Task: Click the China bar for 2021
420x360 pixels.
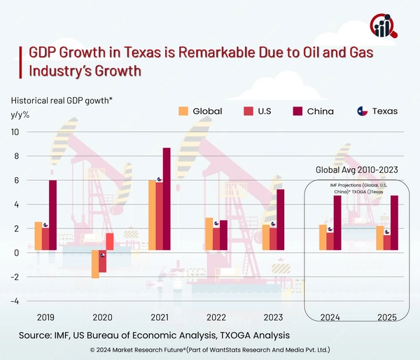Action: click(x=167, y=199)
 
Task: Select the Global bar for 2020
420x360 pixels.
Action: click(x=95, y=264)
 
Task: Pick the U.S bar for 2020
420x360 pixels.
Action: click(x=102, y=261)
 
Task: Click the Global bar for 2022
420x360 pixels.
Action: click(x=209, y=233)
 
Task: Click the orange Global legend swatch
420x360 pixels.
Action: click(x=184, y=111)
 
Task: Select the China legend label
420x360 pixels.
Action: click(x=320, y=111)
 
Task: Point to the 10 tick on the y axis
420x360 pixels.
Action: click(x=14, y=132)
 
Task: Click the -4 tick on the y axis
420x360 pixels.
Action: click(x=14, y=301)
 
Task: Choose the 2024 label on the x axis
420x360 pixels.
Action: click(x=329, y=317)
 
